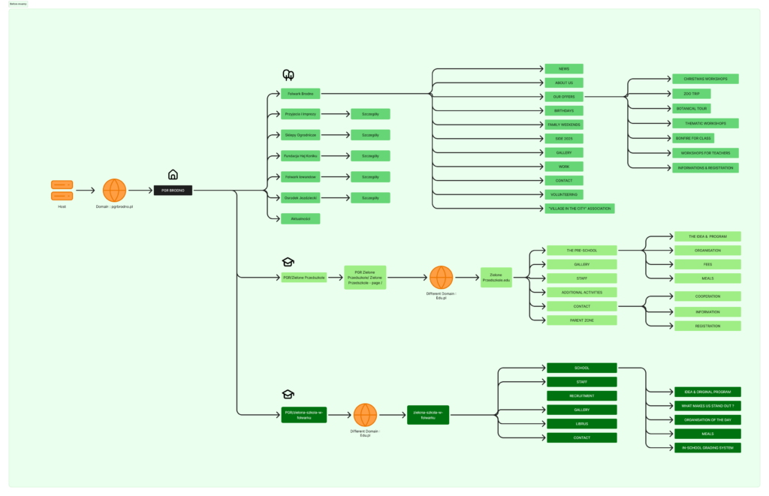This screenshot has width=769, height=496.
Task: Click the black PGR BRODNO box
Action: coord(173,191)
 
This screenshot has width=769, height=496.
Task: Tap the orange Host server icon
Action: coord(62,191)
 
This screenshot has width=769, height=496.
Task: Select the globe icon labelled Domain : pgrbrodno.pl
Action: coord(114,191)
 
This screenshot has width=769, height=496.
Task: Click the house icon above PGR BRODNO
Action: coord(173,175)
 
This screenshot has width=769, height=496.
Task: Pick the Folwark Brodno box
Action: coord(300,94)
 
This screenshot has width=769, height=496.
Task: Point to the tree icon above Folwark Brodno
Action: coord(288,75)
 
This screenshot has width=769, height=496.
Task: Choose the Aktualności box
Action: coord(300,218)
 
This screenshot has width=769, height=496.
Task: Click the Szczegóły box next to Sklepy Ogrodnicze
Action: coord(370,135)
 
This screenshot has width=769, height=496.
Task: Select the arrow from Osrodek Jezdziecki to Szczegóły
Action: coord(335,198)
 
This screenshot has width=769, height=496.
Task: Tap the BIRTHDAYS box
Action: coord(564,110)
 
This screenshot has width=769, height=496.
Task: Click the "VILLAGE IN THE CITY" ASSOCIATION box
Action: coord(580,208)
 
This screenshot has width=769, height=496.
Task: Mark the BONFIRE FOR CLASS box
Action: coord(692,138)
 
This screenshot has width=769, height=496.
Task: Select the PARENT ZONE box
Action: coord(582,320)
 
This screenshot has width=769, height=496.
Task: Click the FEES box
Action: coord(707,264)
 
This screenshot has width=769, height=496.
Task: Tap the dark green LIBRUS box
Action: coord(582,424)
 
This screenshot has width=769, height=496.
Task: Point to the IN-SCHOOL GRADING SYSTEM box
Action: coord(707,448)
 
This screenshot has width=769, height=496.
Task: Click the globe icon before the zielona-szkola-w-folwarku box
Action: coord(366,415)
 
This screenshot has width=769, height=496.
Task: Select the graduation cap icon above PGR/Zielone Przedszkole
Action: coord(288,262)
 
